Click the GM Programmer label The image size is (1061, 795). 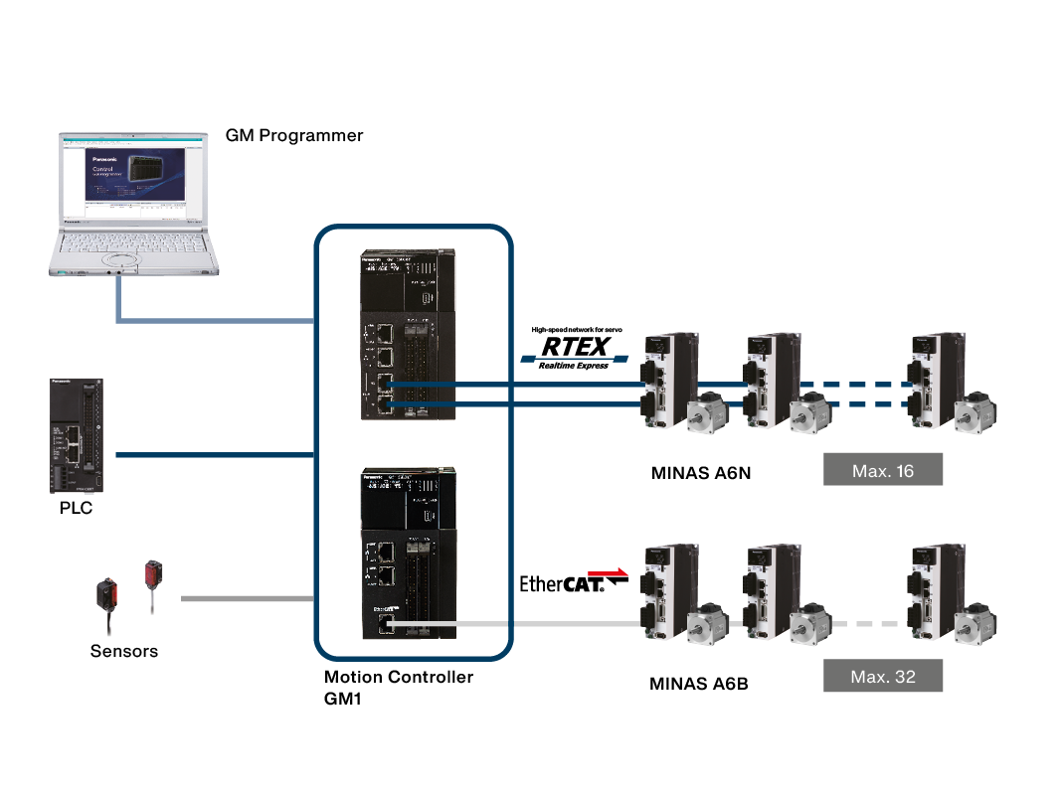click(294, 135)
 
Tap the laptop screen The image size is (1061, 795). click(133, 179)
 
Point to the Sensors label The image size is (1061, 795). click(123, 652)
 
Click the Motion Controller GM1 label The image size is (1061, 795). click(398, 687)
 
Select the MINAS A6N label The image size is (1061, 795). click(700, 473)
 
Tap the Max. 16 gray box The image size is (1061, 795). click(882, 470)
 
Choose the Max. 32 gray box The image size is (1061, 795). click(882, 677)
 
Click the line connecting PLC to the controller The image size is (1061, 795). click(214, 455)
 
